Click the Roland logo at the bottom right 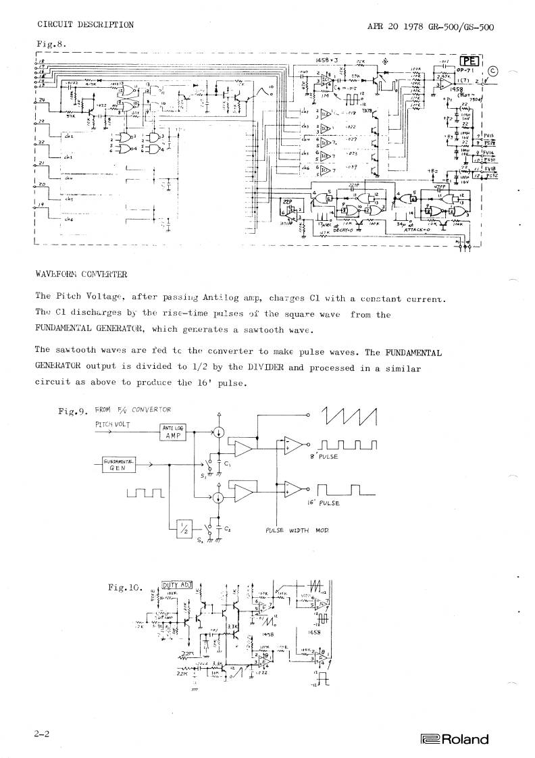454,739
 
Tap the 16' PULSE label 324,503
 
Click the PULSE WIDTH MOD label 297,532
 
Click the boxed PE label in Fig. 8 469,59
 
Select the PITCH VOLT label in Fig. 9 113,424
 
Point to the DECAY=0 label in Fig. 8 326,230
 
